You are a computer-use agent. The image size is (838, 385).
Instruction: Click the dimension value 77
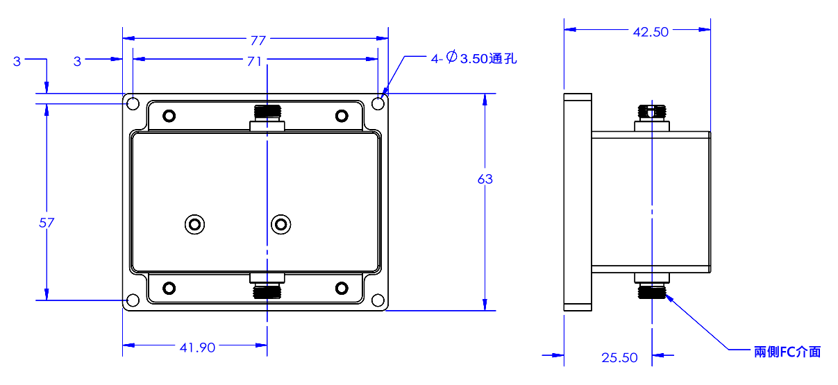[x=255, y=40]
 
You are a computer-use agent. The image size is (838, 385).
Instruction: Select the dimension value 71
[x=254, y=61]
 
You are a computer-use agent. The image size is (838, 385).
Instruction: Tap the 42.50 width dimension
[x=651, y=31]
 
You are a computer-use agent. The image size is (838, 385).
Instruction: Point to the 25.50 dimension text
[x=619, y=358]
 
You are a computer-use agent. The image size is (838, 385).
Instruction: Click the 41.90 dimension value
[x=197, y=348]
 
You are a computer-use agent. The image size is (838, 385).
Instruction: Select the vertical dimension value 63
[x=485, y=180]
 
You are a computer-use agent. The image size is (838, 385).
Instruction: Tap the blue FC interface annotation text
[x=787, y=352]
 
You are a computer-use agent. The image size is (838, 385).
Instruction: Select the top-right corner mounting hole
[x=378, y=104]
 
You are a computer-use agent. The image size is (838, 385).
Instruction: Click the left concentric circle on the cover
[x=195, y=224]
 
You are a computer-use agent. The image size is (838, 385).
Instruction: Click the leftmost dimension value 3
[x=17, y=61]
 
